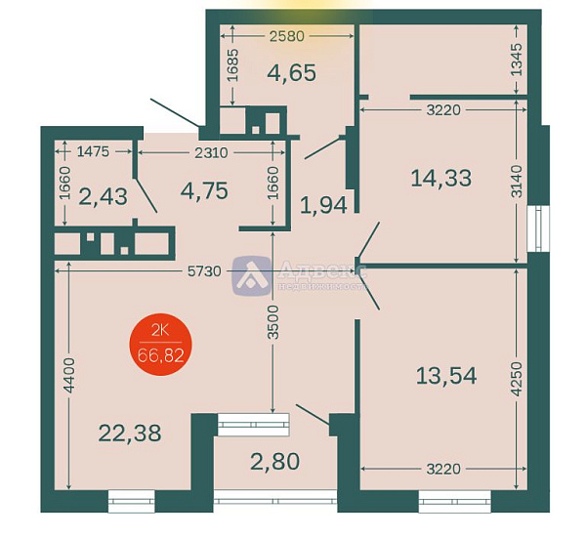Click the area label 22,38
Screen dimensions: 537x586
[x=130, y=432]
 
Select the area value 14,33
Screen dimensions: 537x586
[x=440, y=178]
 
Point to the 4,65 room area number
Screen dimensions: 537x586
[x=291, y=72]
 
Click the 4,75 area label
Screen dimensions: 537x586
[x=204, y=189]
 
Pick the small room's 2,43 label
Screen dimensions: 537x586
[x=103, y=195]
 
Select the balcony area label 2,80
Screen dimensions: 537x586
[x=273, y=461]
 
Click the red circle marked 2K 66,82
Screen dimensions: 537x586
[x=162, y=343]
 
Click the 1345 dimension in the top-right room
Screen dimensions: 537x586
[x=518, y=62]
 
